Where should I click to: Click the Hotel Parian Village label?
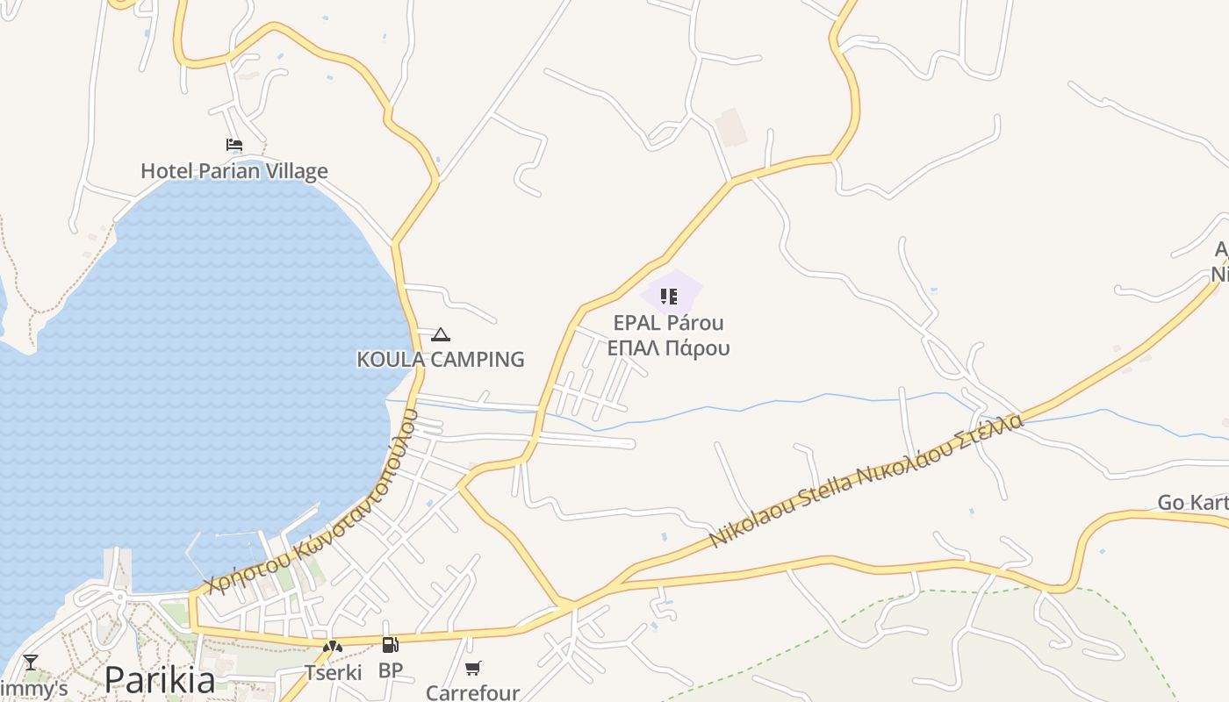(234, 171)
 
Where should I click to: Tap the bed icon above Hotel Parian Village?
(234, 145)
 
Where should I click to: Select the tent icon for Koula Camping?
(441, 334)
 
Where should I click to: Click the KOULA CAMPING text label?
(441, 359)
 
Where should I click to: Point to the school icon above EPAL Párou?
(669, 297)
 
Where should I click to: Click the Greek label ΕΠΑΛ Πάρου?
(669, 348)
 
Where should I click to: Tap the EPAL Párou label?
(669, 323)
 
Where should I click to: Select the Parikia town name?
(160, 680)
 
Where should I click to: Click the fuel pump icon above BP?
(390, 646)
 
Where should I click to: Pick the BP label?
(391, 670)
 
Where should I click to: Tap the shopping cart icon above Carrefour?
(473, 669)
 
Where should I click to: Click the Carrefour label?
(473, 692)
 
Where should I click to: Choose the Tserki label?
(333, 673)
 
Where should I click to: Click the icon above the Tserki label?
(332, 648)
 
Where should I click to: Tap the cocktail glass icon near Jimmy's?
(31, 663)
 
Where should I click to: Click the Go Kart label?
(1193, 503)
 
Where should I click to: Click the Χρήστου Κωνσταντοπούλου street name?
(307, 508)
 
